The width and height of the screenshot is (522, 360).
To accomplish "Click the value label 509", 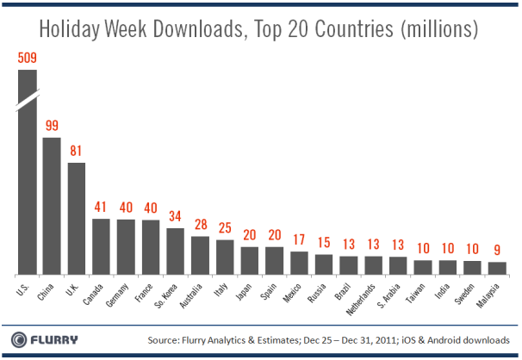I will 28,59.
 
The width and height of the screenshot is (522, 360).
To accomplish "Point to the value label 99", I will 52,126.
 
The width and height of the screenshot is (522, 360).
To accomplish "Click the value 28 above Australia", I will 200,226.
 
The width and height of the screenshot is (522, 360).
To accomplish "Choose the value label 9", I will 497,251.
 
